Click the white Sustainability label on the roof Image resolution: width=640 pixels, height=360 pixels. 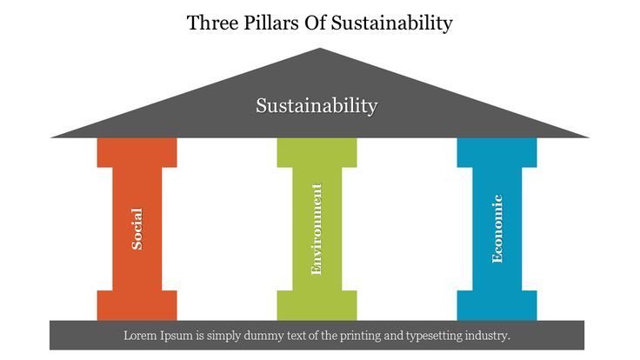pyautogui.click(x=317, y=106)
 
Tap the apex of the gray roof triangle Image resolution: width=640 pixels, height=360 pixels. pyautogui.click(x=320, y=50)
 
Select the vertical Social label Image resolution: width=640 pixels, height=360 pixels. pyautogui.click(x=137, y=228)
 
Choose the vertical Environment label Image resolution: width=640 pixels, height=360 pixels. pyautogui.click(x=317, y=229)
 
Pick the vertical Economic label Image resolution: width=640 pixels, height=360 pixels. pyautogui.click(x=497, y=229)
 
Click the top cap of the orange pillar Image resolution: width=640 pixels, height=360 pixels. pyautogui.click(x=137, y=152)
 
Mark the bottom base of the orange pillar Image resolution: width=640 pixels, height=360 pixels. pyautogui.click(x=137, y=305)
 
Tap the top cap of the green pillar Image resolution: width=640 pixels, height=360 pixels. pyautogui.click(x=317, y=152)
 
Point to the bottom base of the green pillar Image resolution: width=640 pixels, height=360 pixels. pyautogui.click(x=317, y=305)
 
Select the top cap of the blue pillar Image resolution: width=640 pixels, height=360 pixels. pyautogui.click(x=497, y=152)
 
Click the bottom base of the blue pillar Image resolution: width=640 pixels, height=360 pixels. pyautogui.click(x=497, y=305)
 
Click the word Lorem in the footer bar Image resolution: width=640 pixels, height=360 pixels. pyautogui.click(x=142, y=335)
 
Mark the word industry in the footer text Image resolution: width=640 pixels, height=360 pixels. pyautogui.click(x=488, y=335)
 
